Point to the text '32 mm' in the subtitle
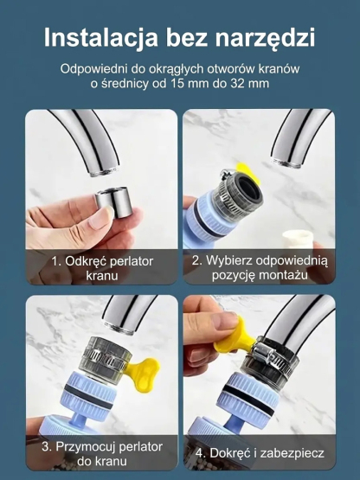click(x=247, y=83)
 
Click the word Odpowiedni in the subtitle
click(x=94, y=67)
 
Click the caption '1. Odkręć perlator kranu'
click(x=95, y=267)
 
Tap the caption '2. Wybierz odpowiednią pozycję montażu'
click(x=259, y=267)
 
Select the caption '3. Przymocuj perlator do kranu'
click(x=95, y=455)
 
